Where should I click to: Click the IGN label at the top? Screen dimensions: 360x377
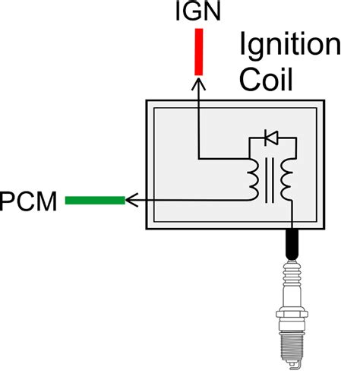pos(198,11)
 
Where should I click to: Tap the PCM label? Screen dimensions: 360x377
pos(28,201)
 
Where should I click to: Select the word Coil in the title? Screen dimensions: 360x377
pos(266,79)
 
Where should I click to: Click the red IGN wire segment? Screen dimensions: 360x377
pos(199,52)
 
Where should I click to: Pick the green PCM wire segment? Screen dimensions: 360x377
pos(95,200)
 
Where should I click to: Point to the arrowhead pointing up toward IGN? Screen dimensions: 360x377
pos(199,84)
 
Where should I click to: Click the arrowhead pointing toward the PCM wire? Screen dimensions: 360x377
pos(131,200)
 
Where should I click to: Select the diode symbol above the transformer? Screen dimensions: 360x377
pos(271,138)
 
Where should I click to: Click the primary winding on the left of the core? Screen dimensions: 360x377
pos(254,179)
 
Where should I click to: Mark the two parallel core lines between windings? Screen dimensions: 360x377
pos(270,180)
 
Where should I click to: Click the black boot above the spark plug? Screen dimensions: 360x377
pos(292,245)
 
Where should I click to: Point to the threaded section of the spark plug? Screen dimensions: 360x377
pos(292,347)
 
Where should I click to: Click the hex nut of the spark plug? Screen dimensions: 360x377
pos(292,314)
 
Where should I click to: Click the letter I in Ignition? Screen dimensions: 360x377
pos(242,43)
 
